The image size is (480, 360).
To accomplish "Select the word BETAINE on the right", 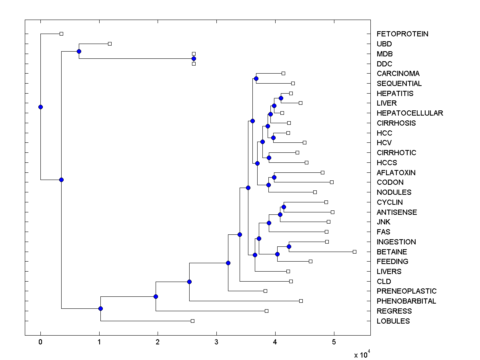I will (x=392, y=252).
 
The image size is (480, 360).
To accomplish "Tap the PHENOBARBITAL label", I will (x=406, y=301).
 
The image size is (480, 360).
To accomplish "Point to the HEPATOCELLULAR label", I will (x=410, y=113).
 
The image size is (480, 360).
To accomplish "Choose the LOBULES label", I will (x=393, y=321).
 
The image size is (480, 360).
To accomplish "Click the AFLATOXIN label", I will (x=396, y=173).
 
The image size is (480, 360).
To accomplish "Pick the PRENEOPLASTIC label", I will (x=406, y=291).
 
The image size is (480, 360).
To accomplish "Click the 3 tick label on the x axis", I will (x=216, y=342).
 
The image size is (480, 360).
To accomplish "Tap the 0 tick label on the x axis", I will (x=40, y=342).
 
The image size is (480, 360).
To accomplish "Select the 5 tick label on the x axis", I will (x=334, y=342).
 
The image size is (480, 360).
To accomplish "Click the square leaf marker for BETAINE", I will (x=354, y=252).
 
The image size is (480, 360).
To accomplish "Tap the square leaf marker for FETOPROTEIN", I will (x=61, y=34).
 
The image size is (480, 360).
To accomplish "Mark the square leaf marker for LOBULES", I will (x=192, y=321).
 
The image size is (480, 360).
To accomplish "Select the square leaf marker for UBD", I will (x=110, y=44).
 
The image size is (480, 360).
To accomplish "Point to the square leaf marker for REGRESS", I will (x=266, y=311).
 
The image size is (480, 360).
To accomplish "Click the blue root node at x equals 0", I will (x=40, y=107).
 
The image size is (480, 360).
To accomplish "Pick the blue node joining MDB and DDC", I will (x=194, y=58).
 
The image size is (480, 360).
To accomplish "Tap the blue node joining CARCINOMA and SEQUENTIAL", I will (x=256, y=78).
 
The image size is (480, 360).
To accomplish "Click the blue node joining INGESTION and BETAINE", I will (x=289, y=246).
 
